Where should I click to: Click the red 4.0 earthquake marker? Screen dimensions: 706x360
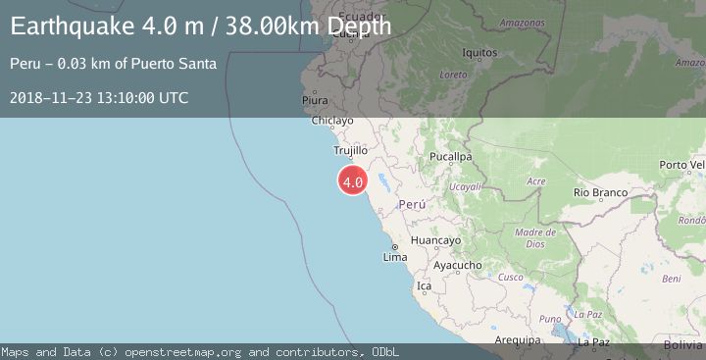(353, 181)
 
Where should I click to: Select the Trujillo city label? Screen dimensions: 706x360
(350, 151)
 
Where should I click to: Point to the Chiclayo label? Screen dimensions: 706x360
(331, 122)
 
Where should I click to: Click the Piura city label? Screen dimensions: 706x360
(315, 100)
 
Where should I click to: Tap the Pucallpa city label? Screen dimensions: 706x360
(451, 156)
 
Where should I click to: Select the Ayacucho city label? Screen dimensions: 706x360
(457, 265)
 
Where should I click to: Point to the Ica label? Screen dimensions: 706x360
(424, 286)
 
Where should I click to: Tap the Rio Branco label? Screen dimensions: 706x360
(600, 193)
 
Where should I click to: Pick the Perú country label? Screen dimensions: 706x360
(413, 204)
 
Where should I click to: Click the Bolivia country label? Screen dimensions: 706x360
(682, 345)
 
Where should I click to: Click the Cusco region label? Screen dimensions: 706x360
(511, 278)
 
